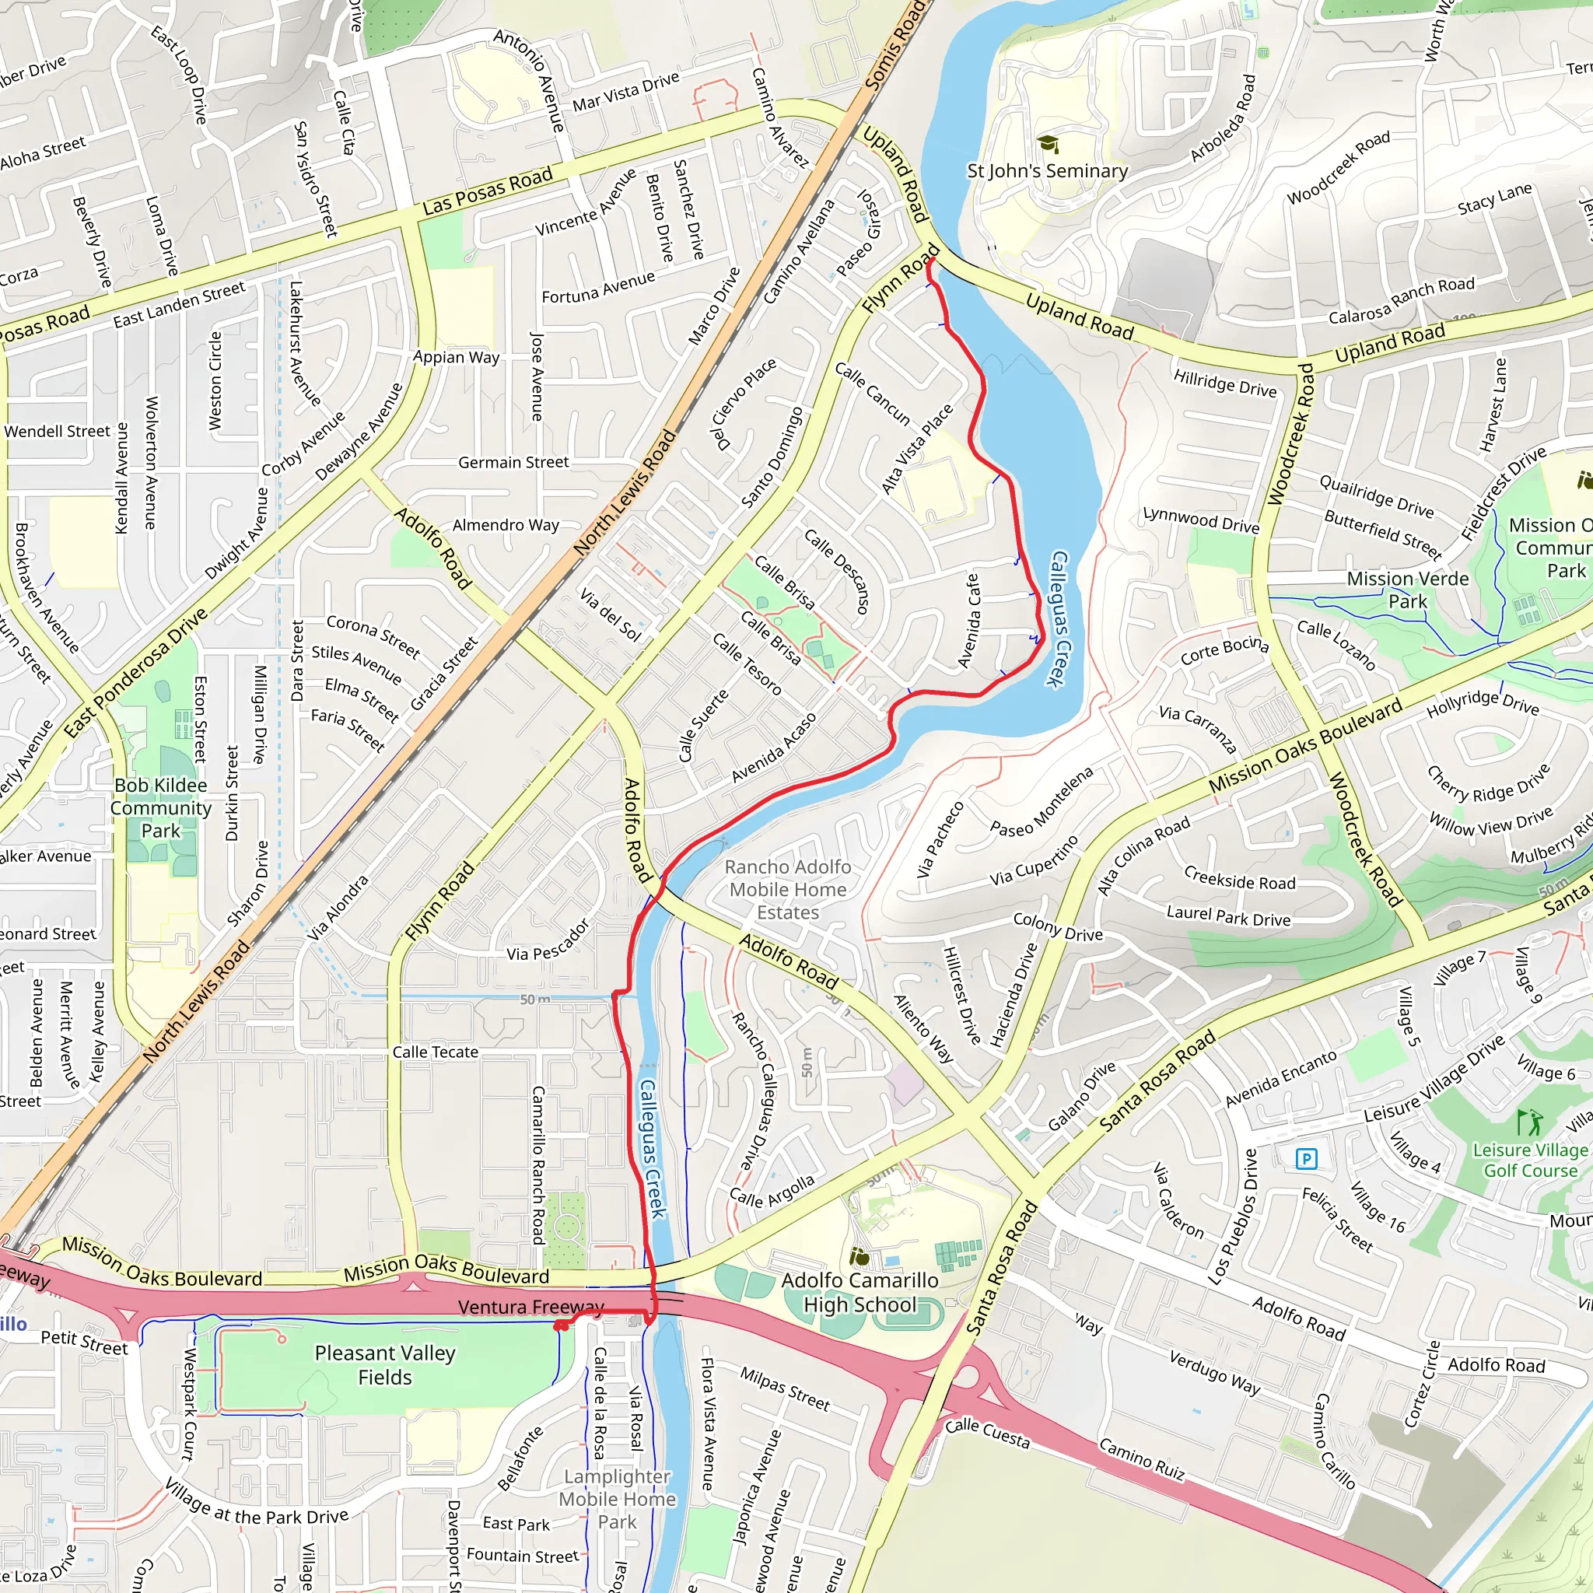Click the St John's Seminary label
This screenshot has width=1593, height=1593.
pos(1047,170)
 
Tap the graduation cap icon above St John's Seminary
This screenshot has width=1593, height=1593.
pos(1048,145)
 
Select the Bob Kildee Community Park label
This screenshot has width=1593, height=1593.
pos(161,808)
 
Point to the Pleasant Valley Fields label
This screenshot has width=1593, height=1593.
pos(385,1364)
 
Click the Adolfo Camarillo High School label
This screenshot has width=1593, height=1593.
pos(860,1292)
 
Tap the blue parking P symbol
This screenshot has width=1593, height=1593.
pos(1306,1159)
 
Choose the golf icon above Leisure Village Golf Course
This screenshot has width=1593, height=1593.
pos(1529,1122)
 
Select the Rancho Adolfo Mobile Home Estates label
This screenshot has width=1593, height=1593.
pos(787,890)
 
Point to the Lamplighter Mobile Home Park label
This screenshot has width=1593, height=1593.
pos(618,1499)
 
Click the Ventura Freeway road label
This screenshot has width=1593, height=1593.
pos(531,1307)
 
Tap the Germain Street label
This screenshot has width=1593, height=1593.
pos(513,463)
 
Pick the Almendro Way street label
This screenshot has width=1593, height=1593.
pos(506,525)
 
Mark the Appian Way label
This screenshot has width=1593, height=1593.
pos(456,357)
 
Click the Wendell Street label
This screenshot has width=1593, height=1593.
pos(57,431)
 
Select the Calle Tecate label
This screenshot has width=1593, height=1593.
pos(435,1052)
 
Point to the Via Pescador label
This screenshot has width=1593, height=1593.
pos(548,941)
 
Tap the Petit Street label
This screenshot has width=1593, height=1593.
pos(84,1343)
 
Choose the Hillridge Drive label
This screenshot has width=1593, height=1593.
pos(1224,383)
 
